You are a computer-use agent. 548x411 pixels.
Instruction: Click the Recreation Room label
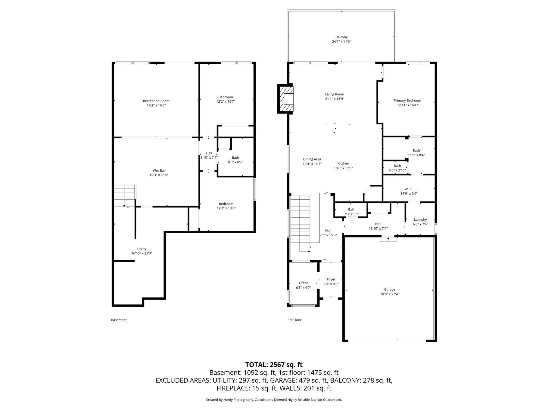tap(156, 101)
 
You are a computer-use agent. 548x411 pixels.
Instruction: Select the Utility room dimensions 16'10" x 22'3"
tap(142, 254)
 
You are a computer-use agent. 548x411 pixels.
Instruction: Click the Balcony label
tap(341, 37)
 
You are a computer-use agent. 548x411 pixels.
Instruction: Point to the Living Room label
tap(335, 94)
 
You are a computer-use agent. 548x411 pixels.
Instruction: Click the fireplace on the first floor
tap(285, 99)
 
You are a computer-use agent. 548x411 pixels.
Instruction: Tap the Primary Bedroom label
tap(407, 101)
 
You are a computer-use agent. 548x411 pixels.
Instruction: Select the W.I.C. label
tap(409, 189)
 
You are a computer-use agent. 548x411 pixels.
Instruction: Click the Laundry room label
tap(420, 220)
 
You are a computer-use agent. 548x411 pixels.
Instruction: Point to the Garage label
tap(390, 289)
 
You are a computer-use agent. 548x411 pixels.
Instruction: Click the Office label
tap(304, 283)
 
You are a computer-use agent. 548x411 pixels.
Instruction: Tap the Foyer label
tap(331, 279)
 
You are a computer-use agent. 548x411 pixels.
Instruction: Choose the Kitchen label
tap(343, 163)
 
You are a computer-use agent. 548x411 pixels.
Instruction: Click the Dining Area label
tap(312, 159)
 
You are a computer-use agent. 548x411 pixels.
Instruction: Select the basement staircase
tap(125, 196)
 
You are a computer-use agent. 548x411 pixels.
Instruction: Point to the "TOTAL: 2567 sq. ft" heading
tap(274, 365)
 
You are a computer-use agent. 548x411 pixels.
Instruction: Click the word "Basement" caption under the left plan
tap(119, 320)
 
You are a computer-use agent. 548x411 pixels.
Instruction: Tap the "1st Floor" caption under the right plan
tap(294, 320)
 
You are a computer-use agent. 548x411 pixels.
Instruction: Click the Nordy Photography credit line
tap(274, 400)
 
